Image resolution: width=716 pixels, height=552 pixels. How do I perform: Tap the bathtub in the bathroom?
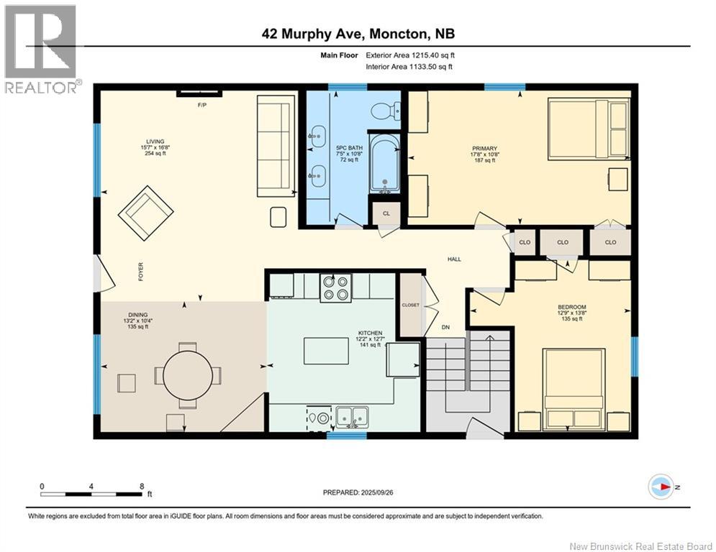(384, 162)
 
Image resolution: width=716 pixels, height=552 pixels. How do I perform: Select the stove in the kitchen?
(335, 288)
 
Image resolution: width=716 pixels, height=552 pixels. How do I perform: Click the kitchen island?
(327, 351)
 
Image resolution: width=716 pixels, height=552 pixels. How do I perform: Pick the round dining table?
(188, 375)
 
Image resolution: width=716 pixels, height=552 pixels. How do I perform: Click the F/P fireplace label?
(201, 105)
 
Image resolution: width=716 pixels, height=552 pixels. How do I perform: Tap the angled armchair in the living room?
(145, 213)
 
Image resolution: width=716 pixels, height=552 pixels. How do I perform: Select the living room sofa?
(276, 146)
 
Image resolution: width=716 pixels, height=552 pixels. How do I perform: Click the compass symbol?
(661, 487)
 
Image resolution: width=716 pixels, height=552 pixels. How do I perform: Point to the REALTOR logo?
(41, 50)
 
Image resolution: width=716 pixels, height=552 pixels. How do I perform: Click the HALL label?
(454, 259)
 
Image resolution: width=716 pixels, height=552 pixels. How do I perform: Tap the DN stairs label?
(445, 327)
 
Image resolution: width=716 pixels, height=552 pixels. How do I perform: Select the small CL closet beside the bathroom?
(386, 213)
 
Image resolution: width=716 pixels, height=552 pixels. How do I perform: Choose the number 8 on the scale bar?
(142, 487)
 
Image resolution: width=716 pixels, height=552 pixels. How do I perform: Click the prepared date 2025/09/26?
(377, 492)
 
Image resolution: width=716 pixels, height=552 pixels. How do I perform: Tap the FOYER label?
(140, 272)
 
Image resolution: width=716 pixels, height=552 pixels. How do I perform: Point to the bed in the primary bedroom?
(589, 130)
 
